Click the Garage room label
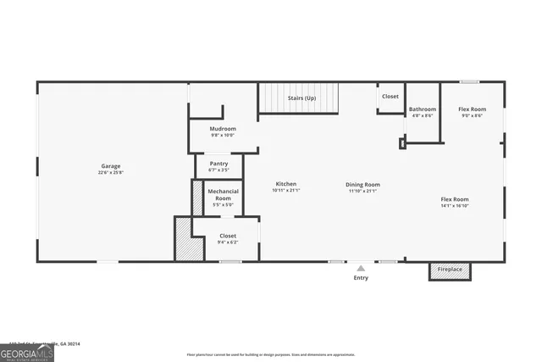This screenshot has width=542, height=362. tap(111, 165)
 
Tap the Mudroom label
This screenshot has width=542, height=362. tap(223, 128)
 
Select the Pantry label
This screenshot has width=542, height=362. tap(218, 164)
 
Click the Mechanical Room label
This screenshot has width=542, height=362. tap(223, 194)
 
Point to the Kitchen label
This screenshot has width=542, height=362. tap(285, 184)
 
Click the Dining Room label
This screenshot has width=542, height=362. tap(362, 184)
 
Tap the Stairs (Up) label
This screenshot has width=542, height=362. tap(302, 97)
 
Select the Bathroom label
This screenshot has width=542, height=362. tap(423, 109)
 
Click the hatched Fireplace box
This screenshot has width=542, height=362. tap(450, 270)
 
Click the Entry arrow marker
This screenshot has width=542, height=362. tap(361, 267)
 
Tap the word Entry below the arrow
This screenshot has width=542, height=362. tap(361, 277)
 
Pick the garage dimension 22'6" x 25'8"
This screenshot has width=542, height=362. tap(111, 172)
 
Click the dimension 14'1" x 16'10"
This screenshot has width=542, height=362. tap(454, 205)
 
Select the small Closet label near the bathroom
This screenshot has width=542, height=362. tap(390, 97)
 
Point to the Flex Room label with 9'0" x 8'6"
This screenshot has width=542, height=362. tap(472, 109)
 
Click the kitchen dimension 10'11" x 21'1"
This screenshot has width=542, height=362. tap(286, 191)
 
